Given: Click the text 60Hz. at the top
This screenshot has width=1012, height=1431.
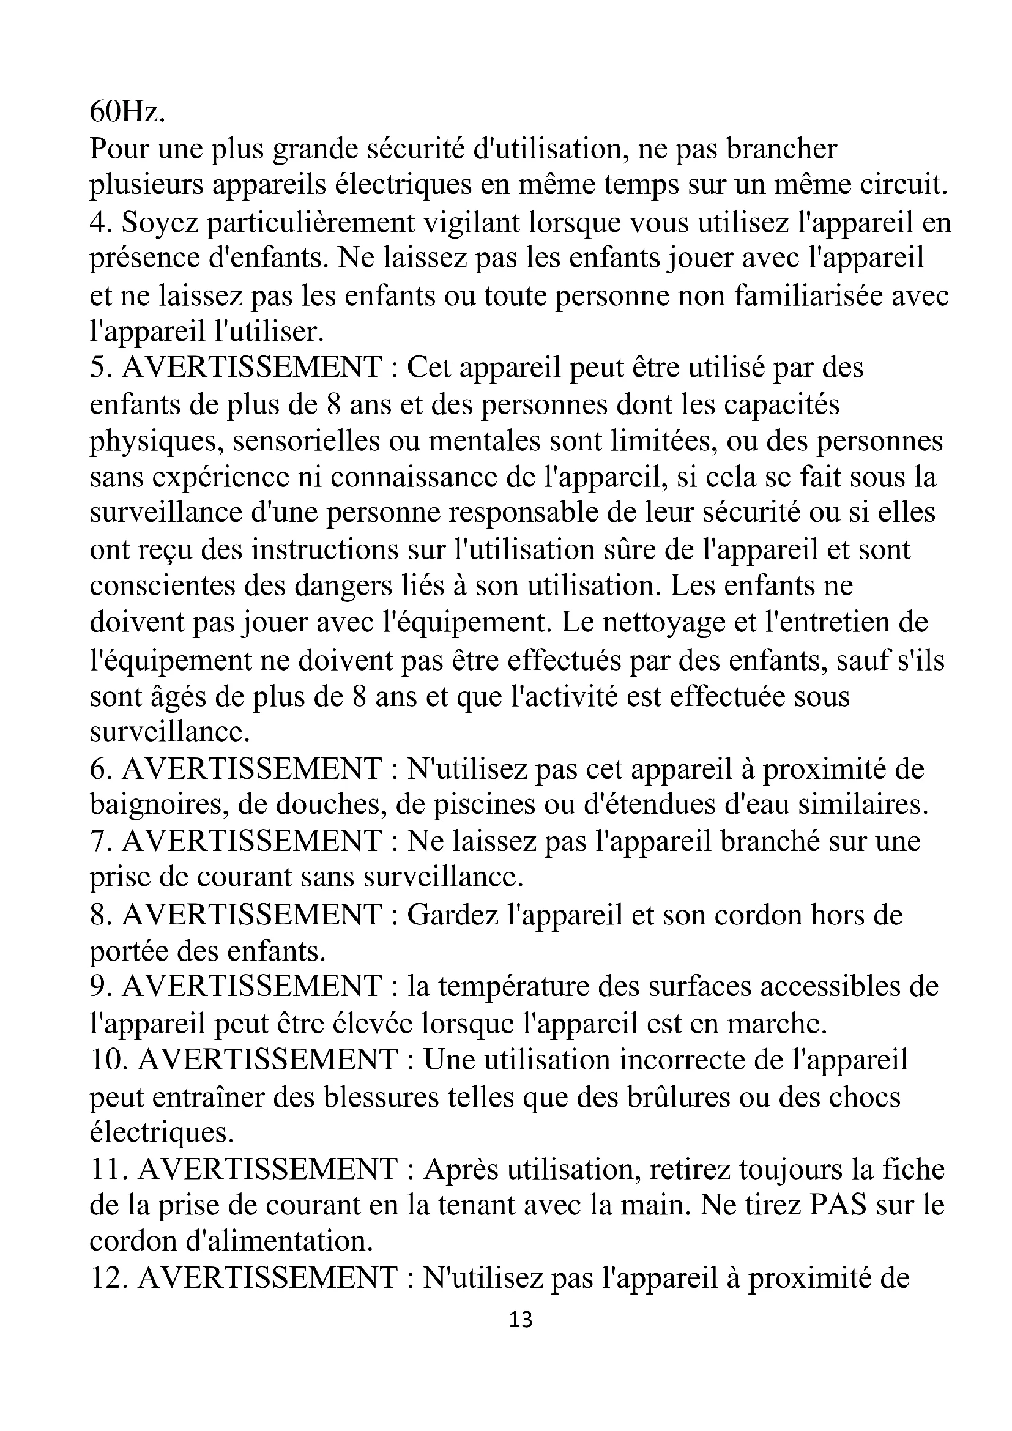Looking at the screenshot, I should click(127, 111).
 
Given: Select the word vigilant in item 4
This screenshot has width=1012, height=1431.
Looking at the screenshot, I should click(472, 223).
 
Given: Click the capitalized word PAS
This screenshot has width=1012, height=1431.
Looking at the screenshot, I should click(838, 1205).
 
